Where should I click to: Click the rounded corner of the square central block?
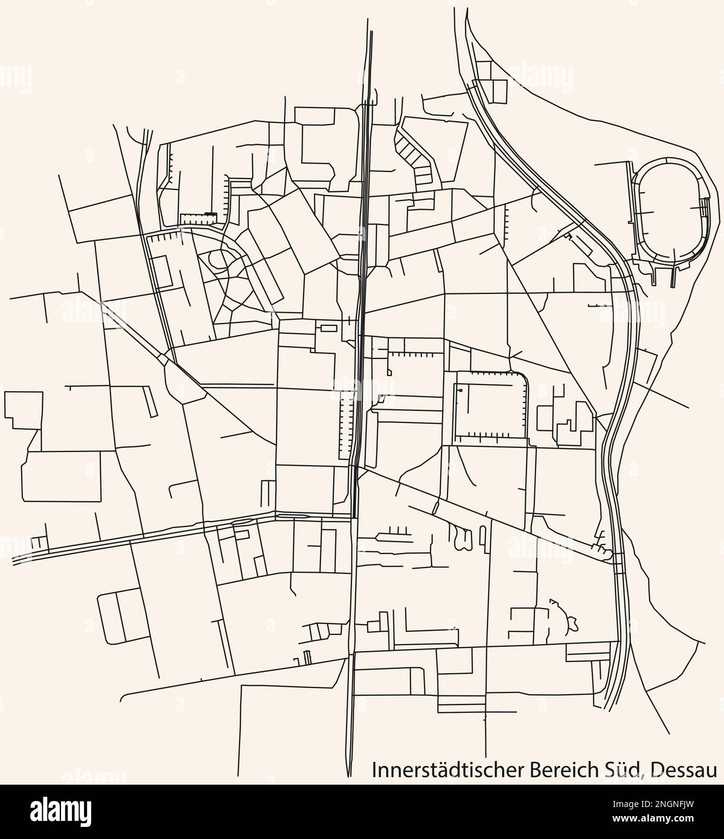pyautogui.click(x=523, y=378)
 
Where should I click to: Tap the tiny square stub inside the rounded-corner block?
pyautogui.click(x=460, y=391)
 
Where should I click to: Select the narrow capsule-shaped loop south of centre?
pyautogui.click(x=482, y=534)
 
